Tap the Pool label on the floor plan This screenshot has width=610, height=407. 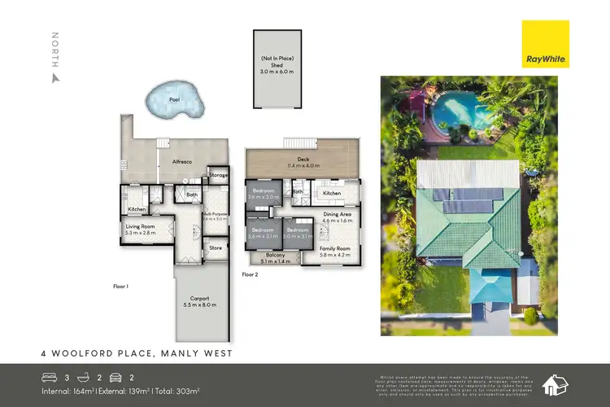tap(173, 99)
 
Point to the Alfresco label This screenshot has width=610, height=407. tap(181, 163)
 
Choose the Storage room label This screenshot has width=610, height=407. tap(218, 175)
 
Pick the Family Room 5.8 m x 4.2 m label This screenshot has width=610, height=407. tap(333, 252)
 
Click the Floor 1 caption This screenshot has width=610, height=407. tap(121, 287)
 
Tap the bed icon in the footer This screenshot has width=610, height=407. tap(51, 377)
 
